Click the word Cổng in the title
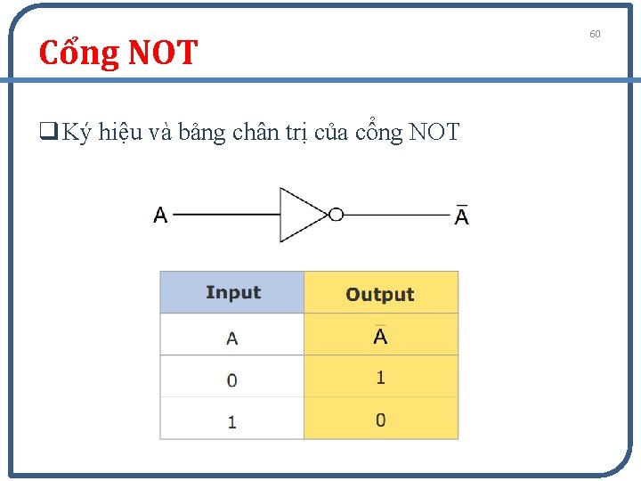pos(80,53)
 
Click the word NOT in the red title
pos(163,53)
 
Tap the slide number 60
pos(595,34)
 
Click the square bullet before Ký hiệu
pos(45,134)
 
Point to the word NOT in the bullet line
pos(434,133)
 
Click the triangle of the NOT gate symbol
pos(300,215)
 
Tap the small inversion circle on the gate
pos(336,215)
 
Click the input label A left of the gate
pos(160,216)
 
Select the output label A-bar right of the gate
pos(461,216)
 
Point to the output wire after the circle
pos(396,215)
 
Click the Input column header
pos(232,293)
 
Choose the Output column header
pos(380,294)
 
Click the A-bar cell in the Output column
pos(380,336)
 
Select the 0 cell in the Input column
pos(232,380)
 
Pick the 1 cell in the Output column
pos(380,378)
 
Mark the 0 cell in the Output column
pos(380,420)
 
